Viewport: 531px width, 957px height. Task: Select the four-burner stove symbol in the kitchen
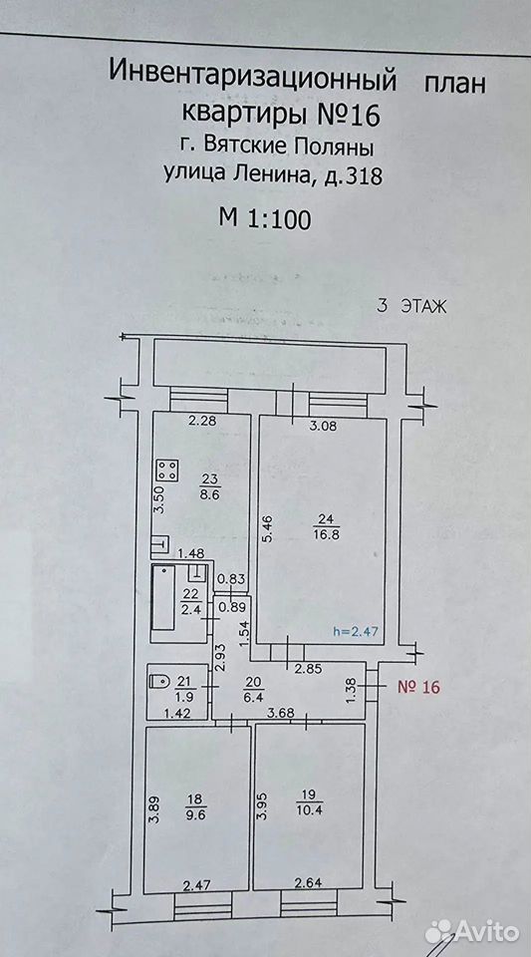[x=168, y=470]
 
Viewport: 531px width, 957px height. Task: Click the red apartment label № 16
[x=418, y=687]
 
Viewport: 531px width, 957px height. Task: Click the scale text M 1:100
[x=266, y=218]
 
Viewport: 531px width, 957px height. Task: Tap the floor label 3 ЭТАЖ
[x=411, y=306]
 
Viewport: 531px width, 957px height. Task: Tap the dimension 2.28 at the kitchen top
[x=185, y=420]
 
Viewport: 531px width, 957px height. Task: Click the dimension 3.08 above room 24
[x=323, y=426]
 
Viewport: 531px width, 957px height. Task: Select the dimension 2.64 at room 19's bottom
[x=308, y=882]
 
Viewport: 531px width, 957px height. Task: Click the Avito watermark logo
[x=472, y=932]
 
